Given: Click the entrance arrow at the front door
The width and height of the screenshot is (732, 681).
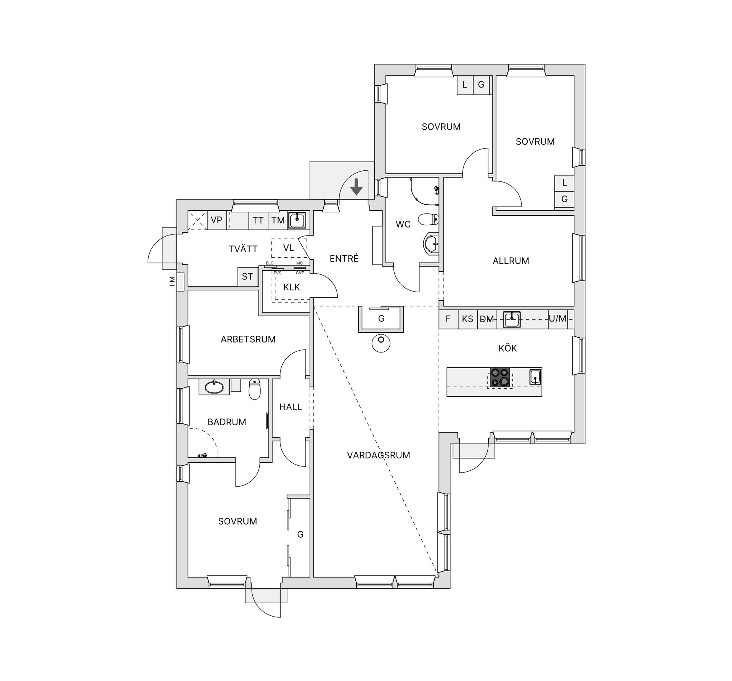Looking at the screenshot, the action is click(356, 186).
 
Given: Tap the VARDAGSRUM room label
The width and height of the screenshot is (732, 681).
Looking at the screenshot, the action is click(379, 455).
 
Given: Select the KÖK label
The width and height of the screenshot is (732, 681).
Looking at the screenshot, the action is click(508, 348).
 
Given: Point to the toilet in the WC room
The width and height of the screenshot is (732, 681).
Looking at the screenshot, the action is click(429, 219).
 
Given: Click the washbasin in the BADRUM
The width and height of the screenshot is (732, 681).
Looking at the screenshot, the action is click(214, 387).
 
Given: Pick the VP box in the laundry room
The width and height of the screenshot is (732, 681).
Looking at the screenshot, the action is click(217, 220).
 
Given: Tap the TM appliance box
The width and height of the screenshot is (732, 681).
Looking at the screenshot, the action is click(278, 220).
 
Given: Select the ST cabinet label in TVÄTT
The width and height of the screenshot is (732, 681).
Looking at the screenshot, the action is click(247, 276).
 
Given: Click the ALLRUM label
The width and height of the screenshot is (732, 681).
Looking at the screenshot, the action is click(511, 261).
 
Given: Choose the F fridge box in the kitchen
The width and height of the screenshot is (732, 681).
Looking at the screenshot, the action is click(448, 319).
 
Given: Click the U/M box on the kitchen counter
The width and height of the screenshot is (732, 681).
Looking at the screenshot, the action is click(557, 319).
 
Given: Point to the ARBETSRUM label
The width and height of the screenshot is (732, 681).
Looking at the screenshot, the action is click(248, 339).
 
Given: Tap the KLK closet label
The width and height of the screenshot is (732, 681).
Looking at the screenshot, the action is click(292, 287).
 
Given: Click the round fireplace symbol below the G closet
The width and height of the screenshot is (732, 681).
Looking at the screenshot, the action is click(381, 343).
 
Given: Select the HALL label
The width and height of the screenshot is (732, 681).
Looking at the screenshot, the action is click(291, 407).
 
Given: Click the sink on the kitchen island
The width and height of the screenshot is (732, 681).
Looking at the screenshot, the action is click(535, 377).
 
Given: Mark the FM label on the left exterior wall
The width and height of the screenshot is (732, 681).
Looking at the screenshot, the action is click(172, 281).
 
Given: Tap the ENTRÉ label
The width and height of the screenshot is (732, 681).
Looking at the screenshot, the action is click(344, 258).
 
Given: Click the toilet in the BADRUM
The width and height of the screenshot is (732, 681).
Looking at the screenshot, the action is click(255, 389).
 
